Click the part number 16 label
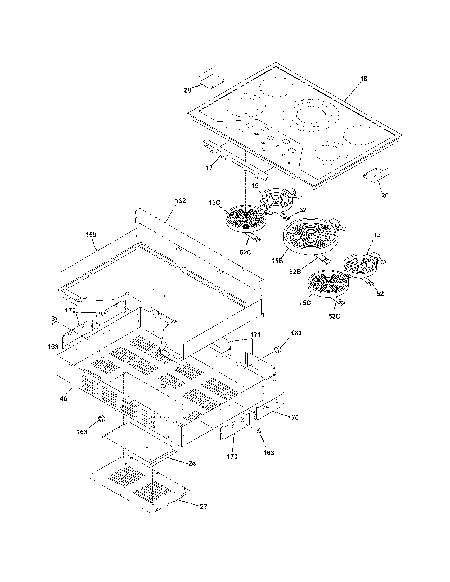pos(363,79)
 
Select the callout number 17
pos(210,168)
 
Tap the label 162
pos(180,201)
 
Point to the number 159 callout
pos(91,235)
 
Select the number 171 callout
pos(255,334)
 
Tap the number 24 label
pos(192,463)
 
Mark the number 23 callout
pos(203,506)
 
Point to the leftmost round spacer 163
pos(53,320)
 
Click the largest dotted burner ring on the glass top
pos(311,115)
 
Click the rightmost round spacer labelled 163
pos(278,349)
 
